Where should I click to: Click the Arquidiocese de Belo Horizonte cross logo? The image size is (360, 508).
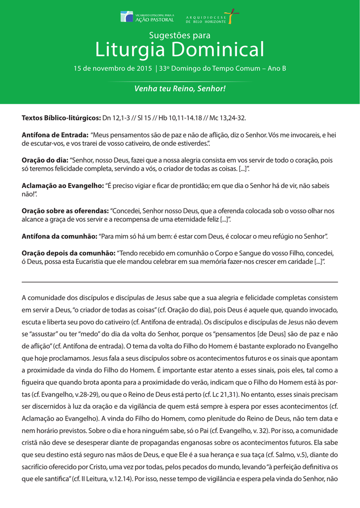click(230, 16)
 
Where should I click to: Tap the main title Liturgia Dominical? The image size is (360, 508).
click(180, 50)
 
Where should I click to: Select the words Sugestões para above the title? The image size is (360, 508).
click(180, 35)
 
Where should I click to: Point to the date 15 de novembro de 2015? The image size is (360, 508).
click(113, 68)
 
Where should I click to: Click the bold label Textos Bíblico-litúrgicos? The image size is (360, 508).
click(61, 118)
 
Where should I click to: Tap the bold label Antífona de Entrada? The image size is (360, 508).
click(55, 135)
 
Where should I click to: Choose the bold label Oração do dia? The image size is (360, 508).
click(45, 160)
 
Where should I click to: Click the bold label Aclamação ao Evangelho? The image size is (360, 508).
click(63, 186)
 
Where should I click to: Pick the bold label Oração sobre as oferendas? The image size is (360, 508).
click(65, 211)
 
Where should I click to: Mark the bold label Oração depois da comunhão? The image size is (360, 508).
click(68, 253)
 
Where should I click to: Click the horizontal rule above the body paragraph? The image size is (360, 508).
click(180, 282)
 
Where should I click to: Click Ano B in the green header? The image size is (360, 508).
click(277, 68)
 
